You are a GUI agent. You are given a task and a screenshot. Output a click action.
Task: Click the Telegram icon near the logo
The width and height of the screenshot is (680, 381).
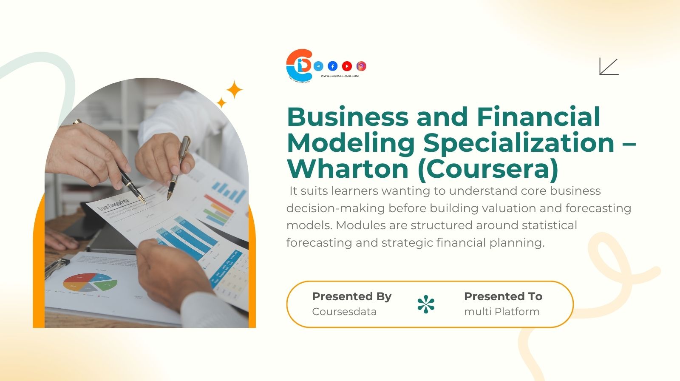[318, 66]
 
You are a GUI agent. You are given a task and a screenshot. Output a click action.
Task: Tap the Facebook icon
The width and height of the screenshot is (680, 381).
[333, 66]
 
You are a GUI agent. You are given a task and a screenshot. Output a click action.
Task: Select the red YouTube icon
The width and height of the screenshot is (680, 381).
[347, 66]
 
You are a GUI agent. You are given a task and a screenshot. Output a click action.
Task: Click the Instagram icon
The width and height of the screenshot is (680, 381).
[361, 66]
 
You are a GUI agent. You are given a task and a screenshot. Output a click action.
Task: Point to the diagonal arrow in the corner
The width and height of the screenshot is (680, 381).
[609, 66]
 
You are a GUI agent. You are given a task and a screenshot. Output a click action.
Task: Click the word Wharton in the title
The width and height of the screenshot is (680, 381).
[348, 168]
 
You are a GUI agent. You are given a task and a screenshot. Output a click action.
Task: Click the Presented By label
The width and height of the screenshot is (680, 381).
[351, 296]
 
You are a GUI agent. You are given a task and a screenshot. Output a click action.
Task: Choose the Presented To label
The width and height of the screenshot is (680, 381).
[503, 296]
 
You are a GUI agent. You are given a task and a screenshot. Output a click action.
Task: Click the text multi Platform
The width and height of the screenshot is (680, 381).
[501, 312]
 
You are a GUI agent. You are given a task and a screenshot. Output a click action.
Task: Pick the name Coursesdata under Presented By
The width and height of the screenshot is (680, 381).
[344, 312]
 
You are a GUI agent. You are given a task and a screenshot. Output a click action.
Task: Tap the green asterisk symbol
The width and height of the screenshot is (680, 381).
[426, 304]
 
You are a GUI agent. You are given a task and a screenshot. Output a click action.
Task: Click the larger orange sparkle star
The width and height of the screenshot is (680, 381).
[234, 90]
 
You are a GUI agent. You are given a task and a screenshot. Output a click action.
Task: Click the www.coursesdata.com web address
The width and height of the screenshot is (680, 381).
[340, 76]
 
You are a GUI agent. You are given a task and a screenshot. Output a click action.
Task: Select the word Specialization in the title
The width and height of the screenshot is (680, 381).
[518, 143]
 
